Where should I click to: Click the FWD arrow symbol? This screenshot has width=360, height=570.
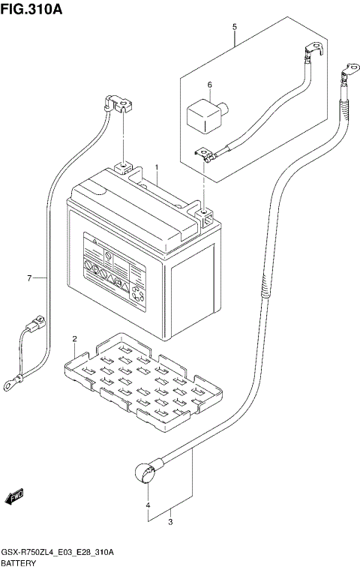15,496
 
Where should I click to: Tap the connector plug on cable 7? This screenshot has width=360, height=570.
34,327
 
